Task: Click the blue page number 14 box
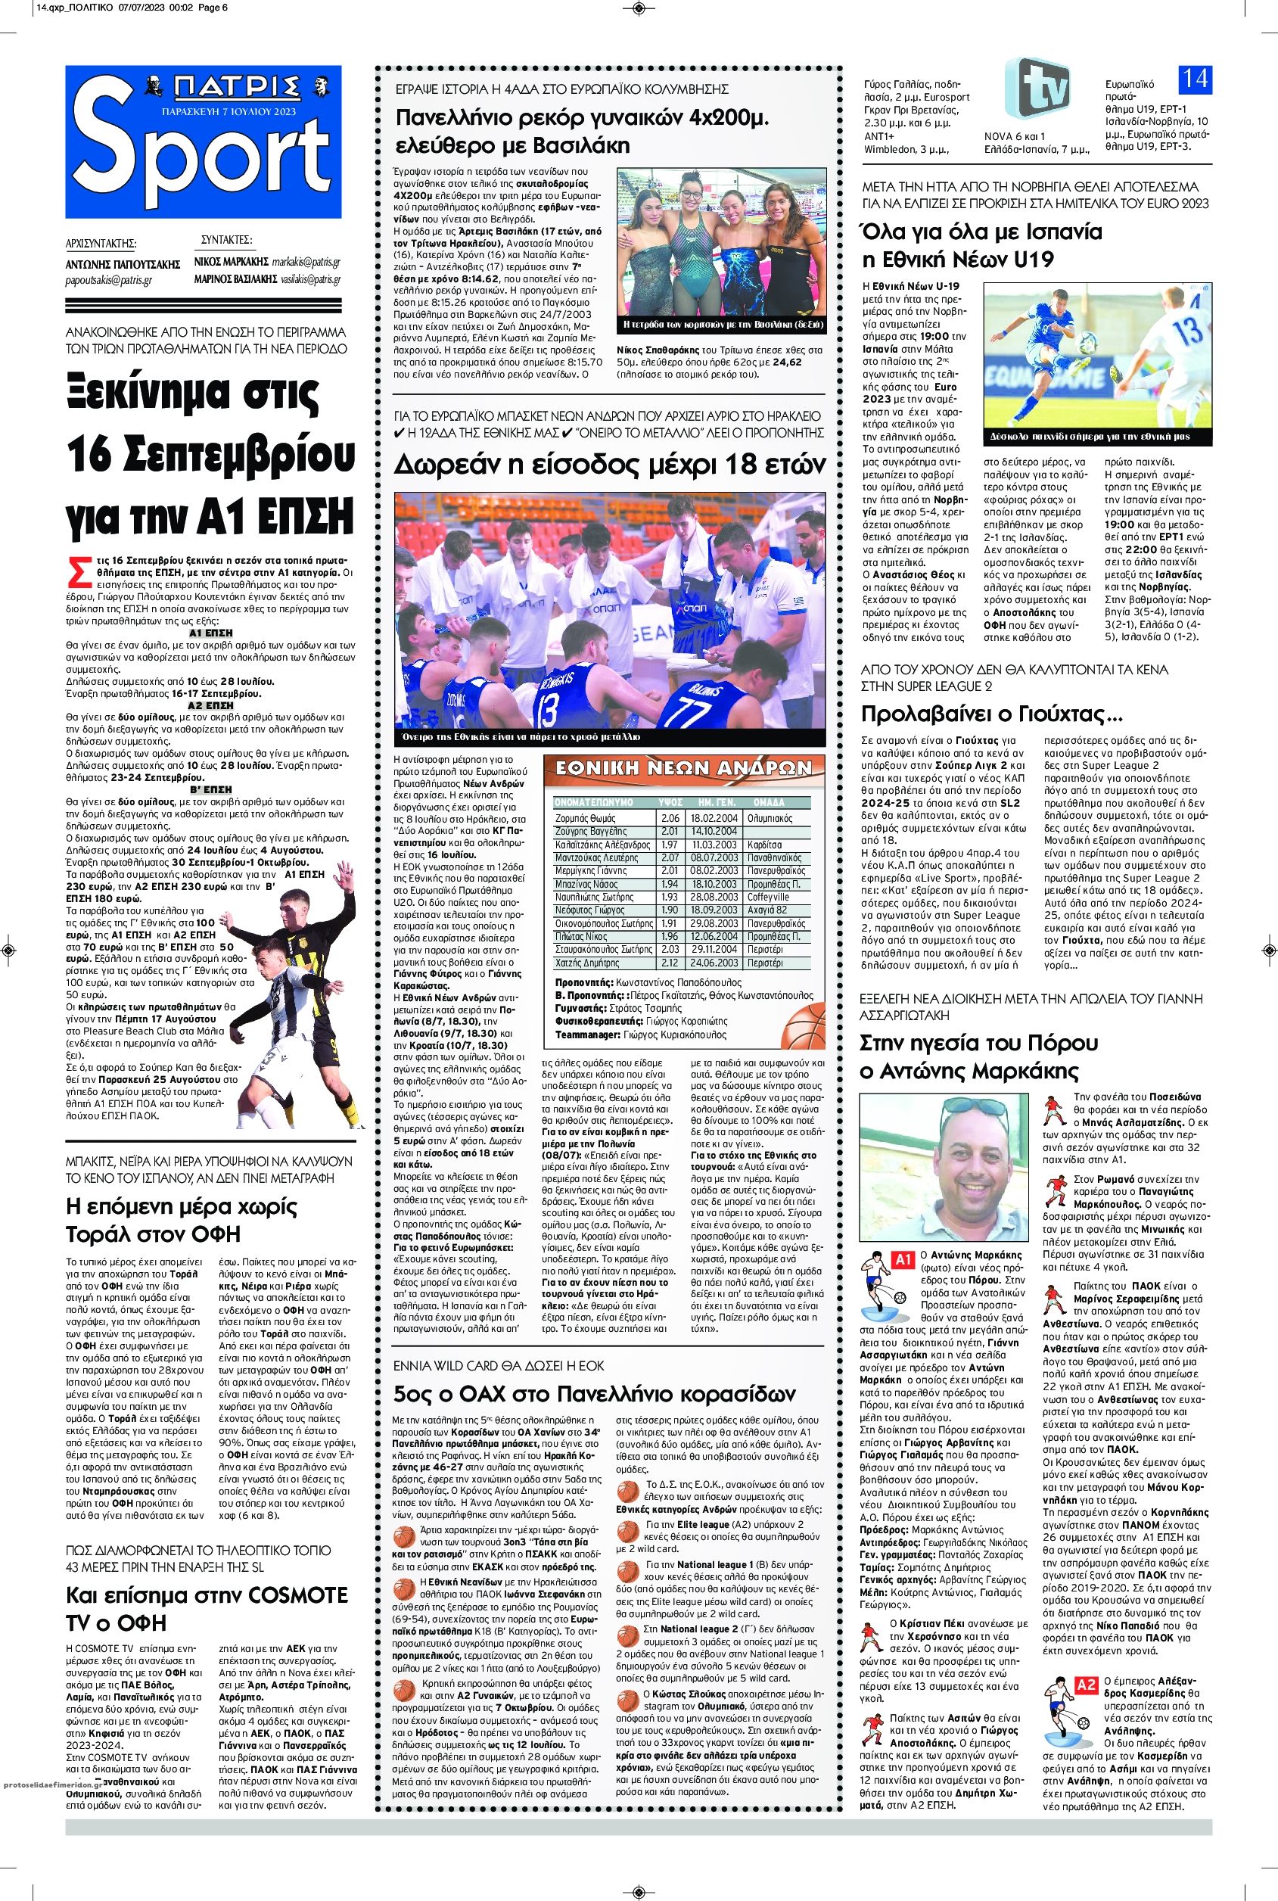tap(1196, 80)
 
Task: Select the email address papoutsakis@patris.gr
tap(110, 279)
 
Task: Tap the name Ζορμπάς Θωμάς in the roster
tap(586, 817)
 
